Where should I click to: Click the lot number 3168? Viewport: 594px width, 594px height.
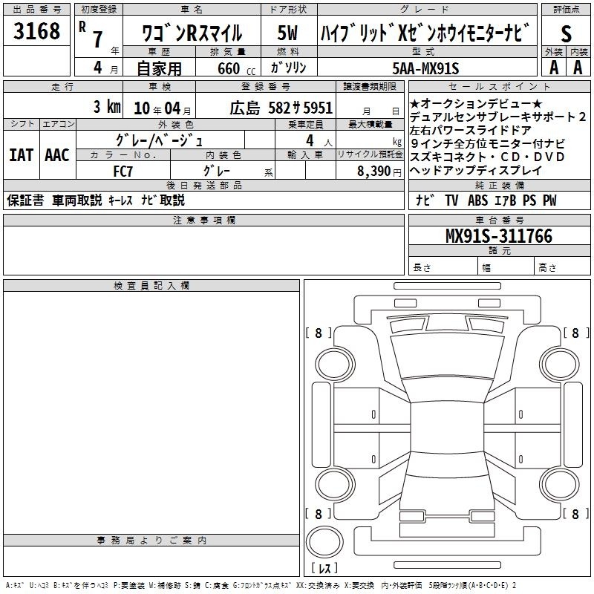[x=36, y=30]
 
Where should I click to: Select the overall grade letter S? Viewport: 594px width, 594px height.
[x=566, y=33]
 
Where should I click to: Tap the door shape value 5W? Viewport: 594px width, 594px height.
[x=287, y=33]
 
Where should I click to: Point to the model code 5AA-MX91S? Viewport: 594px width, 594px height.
[x=425, y=68]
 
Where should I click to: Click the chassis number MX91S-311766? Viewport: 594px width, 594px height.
[x=499, y=235]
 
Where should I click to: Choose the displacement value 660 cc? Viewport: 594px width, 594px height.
[x=236, y=68]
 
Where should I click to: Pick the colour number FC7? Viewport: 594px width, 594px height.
[x=123, y=172]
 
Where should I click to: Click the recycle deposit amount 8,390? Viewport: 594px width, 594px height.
[x=374, y=172]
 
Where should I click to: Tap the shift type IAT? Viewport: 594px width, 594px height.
[x=22, y=155]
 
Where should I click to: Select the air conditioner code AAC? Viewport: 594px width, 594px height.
[x=57, y=155]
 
